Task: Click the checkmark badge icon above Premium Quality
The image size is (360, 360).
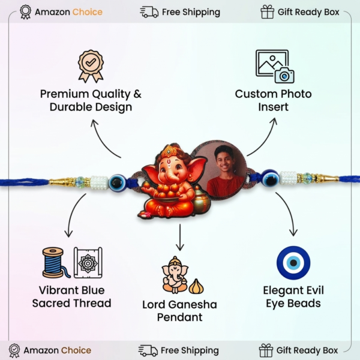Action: (91, 66)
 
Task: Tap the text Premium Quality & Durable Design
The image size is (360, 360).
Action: (91, 100)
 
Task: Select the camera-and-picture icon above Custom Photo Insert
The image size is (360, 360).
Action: (274, 66)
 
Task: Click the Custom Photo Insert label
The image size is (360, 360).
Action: (273, 100)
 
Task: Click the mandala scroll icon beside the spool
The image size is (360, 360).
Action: (88, 262)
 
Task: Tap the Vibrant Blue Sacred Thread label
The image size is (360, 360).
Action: (71, 297)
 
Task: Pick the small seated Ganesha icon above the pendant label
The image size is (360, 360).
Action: (174, 275)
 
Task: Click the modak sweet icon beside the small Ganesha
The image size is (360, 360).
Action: (196, 286)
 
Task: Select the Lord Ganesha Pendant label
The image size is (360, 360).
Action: (179, 310)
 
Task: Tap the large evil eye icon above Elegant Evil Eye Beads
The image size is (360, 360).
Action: (293, 263)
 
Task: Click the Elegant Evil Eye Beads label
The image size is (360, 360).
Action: (292, 297)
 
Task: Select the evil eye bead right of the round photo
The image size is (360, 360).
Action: (270, 178)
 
